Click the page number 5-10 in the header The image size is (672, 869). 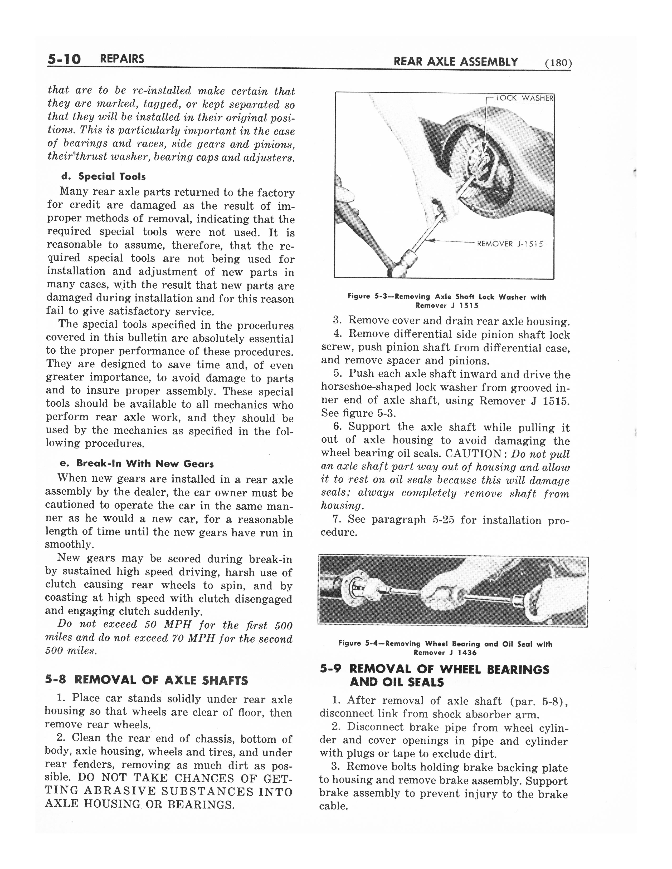click(x=64, y=60)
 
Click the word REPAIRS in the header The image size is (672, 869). click(x=122, y=59)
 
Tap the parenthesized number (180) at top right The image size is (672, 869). click(x=558, y=63)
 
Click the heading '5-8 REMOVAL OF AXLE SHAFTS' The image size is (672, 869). click(x=146, y=680)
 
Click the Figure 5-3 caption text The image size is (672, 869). click(x=447, y=301)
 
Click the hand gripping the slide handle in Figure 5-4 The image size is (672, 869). click(x=440, y=596)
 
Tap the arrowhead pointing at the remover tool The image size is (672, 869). click(x=429, y=240)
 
